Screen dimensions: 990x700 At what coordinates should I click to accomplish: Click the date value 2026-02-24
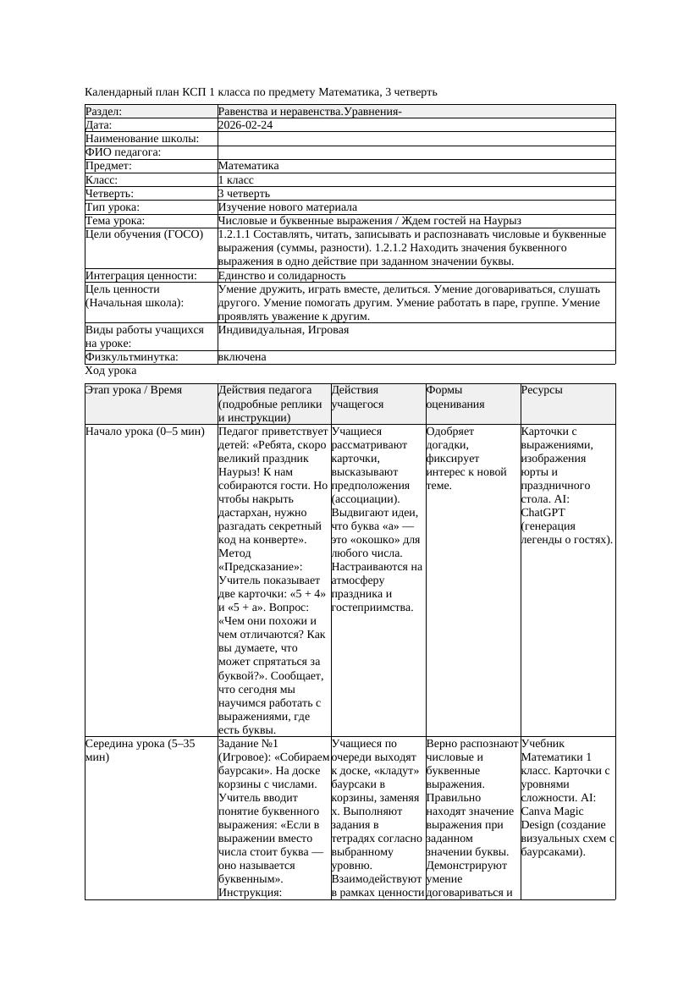pos(245,125)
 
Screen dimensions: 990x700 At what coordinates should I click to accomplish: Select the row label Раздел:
pos(104,112)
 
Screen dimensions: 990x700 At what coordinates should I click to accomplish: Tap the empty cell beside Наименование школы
pos(415,139)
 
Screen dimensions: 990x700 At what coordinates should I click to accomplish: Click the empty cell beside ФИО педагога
pos(415,152)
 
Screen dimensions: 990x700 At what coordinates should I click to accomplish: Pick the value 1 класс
pos(235,180)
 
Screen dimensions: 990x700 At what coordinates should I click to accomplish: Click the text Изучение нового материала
pos(287,207)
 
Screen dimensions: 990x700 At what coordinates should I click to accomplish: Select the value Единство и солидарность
pos(281,276)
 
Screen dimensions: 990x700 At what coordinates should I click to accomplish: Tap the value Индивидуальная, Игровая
pos(283,330)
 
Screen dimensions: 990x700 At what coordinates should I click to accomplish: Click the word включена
pos(242,357)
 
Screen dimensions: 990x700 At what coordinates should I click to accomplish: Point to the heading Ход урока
pos(111,371)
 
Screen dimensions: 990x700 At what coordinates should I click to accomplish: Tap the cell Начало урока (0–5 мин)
pos(145,432)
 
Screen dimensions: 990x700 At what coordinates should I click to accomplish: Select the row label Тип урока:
pos(113,207)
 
